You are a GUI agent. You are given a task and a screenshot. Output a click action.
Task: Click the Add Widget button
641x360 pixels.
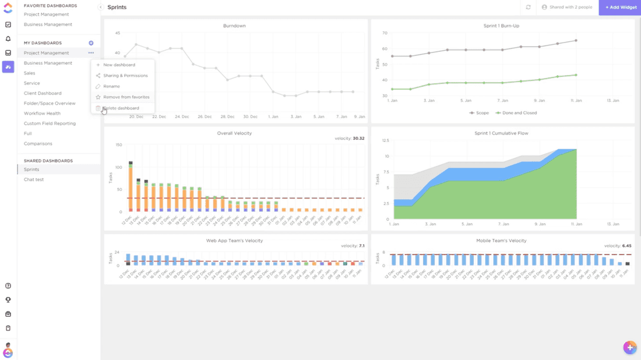[620, 7]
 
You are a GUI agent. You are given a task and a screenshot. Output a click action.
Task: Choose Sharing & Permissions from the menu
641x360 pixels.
[125, 76]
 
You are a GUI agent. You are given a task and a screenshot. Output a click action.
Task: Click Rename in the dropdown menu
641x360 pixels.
[111, 86]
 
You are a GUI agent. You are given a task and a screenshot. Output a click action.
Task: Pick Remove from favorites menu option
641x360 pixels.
[126, 97]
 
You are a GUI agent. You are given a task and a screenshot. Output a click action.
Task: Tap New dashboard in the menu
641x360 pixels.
[119, 65]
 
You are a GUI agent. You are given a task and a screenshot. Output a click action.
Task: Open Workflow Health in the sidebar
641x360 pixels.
[42, 114]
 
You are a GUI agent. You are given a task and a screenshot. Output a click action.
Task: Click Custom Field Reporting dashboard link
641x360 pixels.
[50, 123]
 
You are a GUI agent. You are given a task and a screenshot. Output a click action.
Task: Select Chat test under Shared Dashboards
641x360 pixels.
[34, 179]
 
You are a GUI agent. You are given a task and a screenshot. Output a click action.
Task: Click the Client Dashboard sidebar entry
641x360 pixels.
[43, 93]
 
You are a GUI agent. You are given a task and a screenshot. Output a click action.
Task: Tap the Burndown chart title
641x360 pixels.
[234, 26]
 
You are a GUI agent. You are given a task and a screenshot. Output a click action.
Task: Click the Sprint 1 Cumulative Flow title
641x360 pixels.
[501, 133]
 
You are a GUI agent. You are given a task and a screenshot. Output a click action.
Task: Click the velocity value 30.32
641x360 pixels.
[358, 139]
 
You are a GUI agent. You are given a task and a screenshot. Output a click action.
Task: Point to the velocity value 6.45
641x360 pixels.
[626, 246]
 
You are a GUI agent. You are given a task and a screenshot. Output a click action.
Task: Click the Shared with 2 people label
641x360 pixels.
[566, 7]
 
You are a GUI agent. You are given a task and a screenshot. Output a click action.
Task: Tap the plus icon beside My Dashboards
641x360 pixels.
[91, 43]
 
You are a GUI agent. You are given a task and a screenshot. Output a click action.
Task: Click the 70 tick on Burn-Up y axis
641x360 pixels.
[385, 33]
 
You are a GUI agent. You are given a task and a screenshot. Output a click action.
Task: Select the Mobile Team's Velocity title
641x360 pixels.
[501, 241]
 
